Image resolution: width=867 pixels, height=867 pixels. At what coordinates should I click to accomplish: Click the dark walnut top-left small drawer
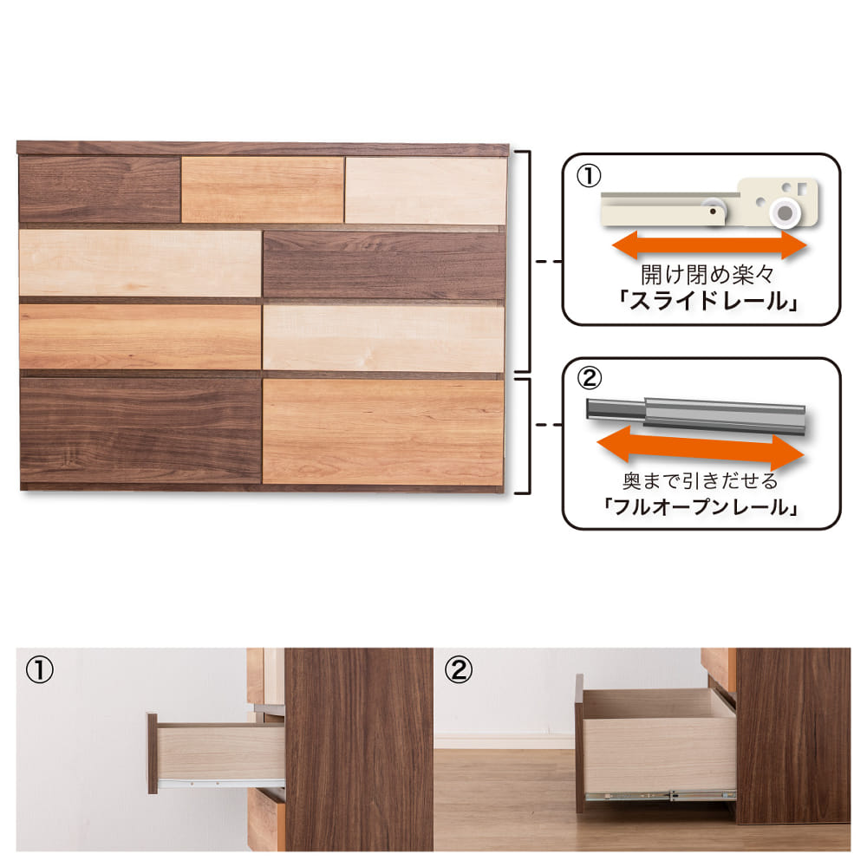click(100, 190)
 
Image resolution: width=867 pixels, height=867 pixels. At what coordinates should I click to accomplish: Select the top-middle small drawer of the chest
click(263, 190)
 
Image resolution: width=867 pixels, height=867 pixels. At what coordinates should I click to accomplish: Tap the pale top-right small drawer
click(426, 191)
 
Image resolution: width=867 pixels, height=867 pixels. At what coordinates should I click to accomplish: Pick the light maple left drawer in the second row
click(140, 264)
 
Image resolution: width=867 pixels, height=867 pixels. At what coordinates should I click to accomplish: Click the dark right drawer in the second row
click(384, 264)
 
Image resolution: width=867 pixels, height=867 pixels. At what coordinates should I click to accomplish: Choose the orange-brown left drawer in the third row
click(140, 336)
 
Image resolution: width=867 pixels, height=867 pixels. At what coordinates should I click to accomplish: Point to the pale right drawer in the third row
click(384, 338)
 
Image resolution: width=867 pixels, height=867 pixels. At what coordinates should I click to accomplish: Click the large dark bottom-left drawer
click(140, 430)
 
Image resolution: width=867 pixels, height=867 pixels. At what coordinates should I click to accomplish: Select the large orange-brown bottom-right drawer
click(383, 432)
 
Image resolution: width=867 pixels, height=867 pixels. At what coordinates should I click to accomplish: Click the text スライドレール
click(708, 302)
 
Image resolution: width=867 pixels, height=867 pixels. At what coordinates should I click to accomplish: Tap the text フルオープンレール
click(701, 506)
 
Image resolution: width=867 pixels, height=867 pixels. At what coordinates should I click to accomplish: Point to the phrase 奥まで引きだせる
click(700, 481)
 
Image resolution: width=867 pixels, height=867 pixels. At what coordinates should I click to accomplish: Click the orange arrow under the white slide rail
click(709, 245)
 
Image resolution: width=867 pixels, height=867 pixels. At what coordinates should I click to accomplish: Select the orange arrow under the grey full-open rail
click(701, 448)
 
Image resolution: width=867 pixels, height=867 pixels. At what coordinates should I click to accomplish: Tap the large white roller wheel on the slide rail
click(785, 212)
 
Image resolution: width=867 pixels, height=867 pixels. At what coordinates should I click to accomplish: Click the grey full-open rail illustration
click(695, 414)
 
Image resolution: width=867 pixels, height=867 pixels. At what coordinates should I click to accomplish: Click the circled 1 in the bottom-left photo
click(40, 670)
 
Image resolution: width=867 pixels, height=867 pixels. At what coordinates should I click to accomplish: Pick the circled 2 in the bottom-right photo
click(459, 670)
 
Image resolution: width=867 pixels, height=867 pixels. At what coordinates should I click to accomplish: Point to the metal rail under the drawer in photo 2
click(661, 797)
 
